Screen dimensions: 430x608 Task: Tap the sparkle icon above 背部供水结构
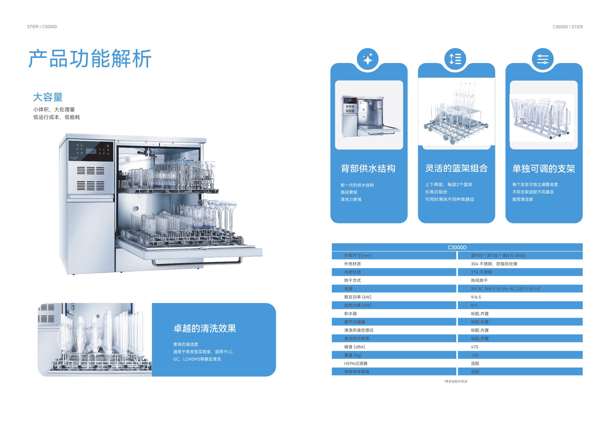tap(368, 59)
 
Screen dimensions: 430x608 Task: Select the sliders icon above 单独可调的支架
tap(543, 59)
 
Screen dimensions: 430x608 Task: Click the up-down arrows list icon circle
tap(455, 59)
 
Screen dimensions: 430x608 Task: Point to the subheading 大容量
tap(48, 97)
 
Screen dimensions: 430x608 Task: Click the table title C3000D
tap(457, 247)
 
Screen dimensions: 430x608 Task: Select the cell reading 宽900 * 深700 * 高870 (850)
tap(498, 256)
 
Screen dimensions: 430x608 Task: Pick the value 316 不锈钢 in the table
tap(481, 272)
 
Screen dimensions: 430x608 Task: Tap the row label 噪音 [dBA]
tap(354, 347)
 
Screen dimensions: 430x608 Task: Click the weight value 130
tap(474, 355)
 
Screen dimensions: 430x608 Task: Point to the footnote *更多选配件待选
tap(456, 381)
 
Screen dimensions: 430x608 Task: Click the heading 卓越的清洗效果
tap(204, 329)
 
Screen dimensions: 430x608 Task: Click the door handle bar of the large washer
tap(197, 263)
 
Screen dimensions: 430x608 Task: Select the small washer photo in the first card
tap(369, 115)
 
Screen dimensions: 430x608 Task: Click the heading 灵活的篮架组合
tap(456, 168)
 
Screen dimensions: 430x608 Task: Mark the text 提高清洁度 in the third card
tap(522, 199)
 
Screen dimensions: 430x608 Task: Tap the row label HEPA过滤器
tap(356, 364)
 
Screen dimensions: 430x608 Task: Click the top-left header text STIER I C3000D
tap(42, 27)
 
